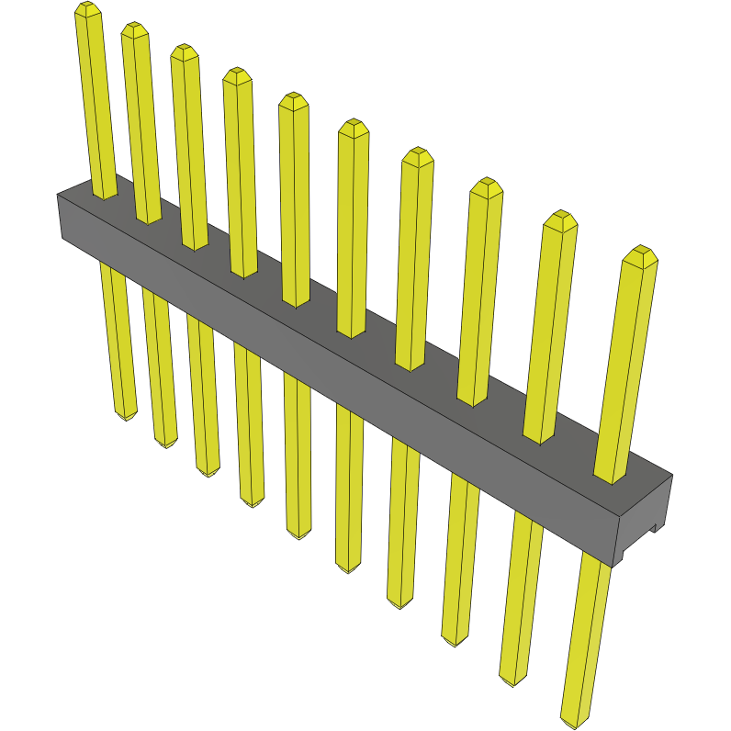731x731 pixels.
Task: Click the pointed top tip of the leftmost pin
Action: coord(87,8)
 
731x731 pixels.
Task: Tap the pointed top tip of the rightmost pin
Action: coord(641,253)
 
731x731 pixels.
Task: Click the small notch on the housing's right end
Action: coord(657,528)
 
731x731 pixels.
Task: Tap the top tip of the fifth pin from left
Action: coord(293,99)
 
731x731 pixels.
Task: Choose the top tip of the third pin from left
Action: coord(185,51)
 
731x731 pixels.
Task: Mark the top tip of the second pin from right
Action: coord(560,218)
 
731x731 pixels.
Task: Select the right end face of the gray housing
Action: coord(643,519)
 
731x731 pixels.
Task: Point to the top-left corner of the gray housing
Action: coord(58,195)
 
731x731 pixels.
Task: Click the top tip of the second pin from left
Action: coord(134,28)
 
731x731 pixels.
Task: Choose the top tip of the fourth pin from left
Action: coord(237,74)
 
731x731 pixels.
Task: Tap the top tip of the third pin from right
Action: coord(486,185)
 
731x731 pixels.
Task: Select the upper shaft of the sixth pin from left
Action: coord(352,230)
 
